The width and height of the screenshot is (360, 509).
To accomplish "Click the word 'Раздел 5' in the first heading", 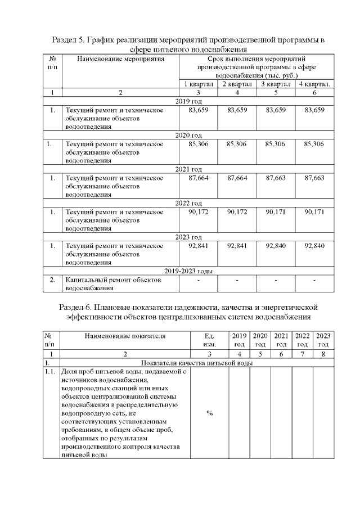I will (x=68, y=40).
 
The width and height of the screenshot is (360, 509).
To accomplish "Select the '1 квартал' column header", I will (x=199, y=84).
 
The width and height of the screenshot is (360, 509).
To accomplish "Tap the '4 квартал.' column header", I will (x=314, y=84).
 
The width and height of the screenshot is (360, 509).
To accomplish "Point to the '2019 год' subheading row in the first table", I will (x=189, y=101).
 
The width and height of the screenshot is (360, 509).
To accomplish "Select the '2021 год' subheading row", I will (x=189, y=169).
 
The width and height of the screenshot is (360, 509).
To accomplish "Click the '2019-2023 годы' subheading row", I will (x=189, y=271).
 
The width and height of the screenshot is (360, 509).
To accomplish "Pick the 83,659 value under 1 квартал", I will (x=199, y=110).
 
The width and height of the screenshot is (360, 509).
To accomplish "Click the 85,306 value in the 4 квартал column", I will (x=314, y=144).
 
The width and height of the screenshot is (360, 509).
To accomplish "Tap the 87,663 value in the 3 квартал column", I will (x=276, y=178).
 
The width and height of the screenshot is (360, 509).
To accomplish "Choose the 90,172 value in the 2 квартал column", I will (x=237, y=212).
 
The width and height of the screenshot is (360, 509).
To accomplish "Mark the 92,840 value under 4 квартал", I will (x=314, y=246).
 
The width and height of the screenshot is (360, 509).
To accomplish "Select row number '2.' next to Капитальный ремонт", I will (x=52, y=280).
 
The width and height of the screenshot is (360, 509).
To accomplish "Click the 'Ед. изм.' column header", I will (x=209, y=340).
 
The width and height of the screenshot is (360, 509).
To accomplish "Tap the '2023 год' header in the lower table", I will (x=323, y=340).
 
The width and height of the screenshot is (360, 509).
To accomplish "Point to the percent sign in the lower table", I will (x=209, y=413).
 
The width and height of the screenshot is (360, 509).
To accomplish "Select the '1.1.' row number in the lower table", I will (x=51, y=372).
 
